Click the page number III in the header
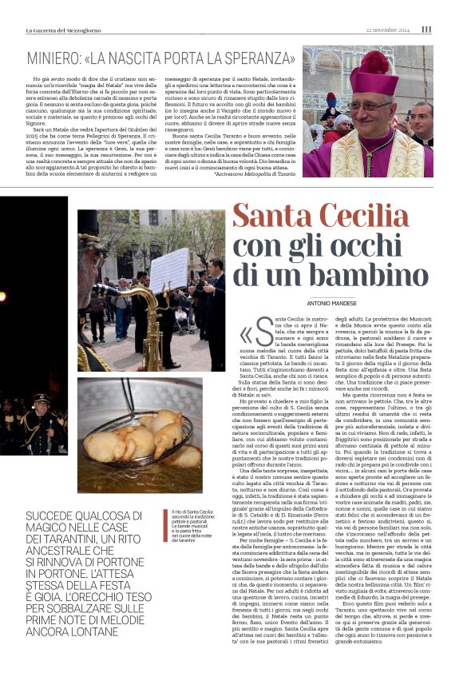[x=426, y=30]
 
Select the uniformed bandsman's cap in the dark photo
[x=42, y=397]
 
